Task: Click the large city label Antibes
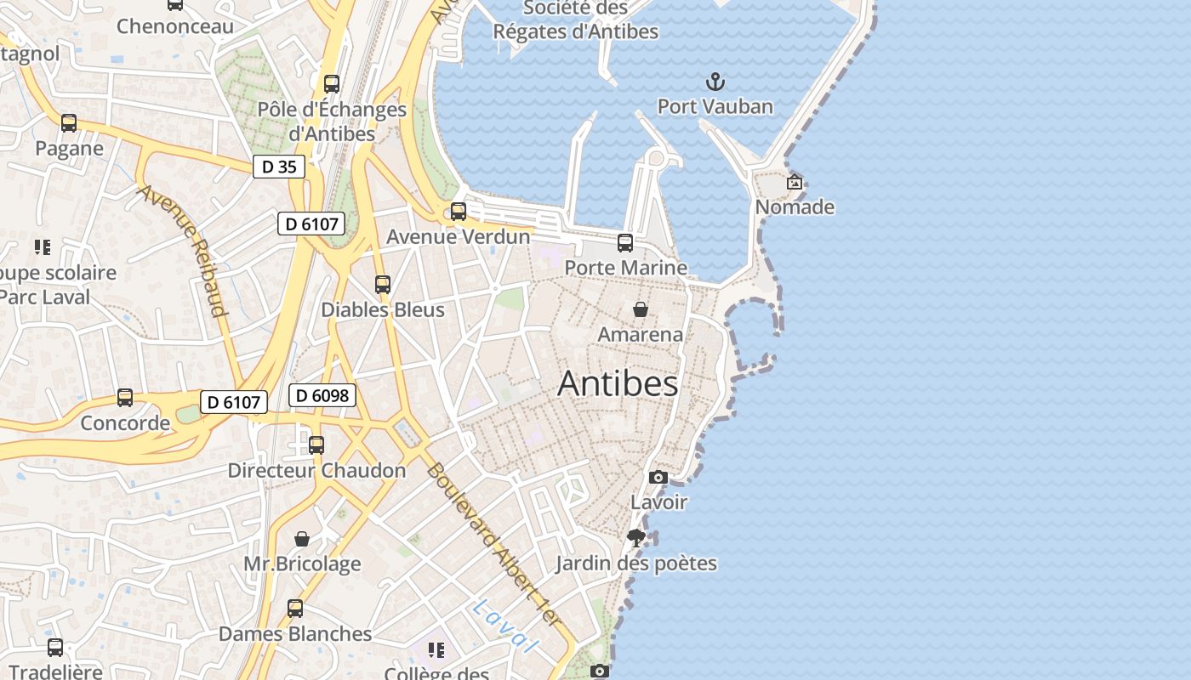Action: (x=618, y=384)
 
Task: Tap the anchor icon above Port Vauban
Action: (x=715, y=82)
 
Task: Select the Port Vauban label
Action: (x=715, y=106)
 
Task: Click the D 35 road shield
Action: (x=279, y=167)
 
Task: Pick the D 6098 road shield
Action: (x=322, y=395)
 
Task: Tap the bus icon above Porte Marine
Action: (x=625, y=243)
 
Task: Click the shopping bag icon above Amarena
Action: (x=640, y=309)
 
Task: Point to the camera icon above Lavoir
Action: (x=658, y=477)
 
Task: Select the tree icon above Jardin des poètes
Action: (x=635, y=537)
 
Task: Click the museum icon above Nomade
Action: (x=794, y=181)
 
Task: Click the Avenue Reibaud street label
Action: (x=183, y=251)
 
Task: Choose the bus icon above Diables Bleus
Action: (x=383, y=285)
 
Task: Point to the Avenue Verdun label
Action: (x=459, y=236)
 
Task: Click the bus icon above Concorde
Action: (x=125, y=398)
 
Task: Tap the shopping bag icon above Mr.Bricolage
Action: (x=302, y=539)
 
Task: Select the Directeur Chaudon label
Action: (x=316, y=470)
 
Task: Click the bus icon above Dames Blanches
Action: (x=295, y=609)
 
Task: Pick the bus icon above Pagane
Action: (x=69, y=123)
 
